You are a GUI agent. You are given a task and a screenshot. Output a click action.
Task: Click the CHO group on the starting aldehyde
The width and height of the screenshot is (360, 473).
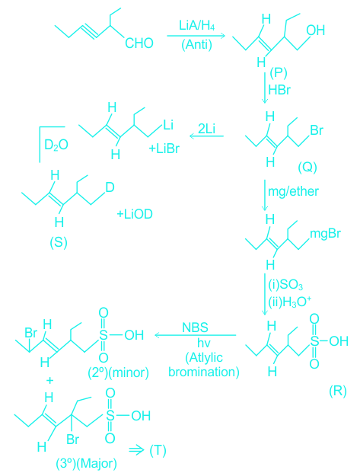pos(139,43)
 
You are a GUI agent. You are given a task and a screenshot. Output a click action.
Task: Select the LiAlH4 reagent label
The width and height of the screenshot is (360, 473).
pos(197,25)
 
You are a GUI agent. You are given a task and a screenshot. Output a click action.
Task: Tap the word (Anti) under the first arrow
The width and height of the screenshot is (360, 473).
pos(196,45)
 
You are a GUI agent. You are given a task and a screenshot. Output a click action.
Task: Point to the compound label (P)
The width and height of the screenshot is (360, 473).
pos(279,73)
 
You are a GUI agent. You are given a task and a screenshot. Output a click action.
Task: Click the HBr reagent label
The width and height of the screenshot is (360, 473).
pos(279,90)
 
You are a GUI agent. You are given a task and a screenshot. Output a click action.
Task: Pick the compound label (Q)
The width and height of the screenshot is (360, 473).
pos(307,167)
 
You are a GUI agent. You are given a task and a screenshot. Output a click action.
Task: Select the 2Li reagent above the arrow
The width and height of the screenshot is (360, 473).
pos(206,129)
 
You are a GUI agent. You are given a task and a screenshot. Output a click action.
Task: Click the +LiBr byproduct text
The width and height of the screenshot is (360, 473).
pos(164,149)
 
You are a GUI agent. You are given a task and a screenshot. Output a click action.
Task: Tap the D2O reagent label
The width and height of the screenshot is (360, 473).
pos(56,145)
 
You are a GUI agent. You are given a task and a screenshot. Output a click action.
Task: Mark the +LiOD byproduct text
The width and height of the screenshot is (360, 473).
pos(135,214)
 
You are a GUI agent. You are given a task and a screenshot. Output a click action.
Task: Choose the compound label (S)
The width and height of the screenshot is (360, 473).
pos(58,242)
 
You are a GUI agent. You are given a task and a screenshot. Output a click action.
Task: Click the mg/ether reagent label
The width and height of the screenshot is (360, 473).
pos(293,191)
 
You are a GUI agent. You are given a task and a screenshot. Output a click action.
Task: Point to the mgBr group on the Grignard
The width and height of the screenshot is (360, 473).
pos(325,234)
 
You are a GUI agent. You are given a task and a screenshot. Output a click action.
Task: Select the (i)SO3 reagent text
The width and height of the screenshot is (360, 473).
pos(285,285)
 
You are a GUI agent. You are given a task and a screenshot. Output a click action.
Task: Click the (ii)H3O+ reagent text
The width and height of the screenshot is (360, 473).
pos(288,302)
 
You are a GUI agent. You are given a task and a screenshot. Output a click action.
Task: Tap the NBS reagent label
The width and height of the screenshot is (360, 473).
pos(195,328)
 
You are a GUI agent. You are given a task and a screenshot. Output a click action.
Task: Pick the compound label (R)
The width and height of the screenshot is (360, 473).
pos(338,391)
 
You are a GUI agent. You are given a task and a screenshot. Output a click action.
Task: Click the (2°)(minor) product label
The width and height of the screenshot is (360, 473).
pos(118,373)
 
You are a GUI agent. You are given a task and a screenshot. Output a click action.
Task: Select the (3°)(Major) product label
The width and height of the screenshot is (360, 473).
pos(86,463)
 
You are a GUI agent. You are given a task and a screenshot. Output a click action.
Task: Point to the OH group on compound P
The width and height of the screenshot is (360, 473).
pos(315,30)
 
